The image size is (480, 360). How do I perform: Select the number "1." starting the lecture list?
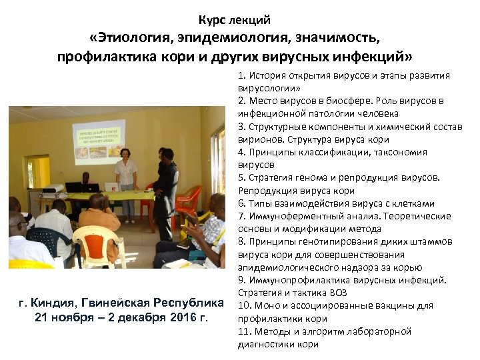[x=241, y=75]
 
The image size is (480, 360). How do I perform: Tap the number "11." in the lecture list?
[x=244, y=331]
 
